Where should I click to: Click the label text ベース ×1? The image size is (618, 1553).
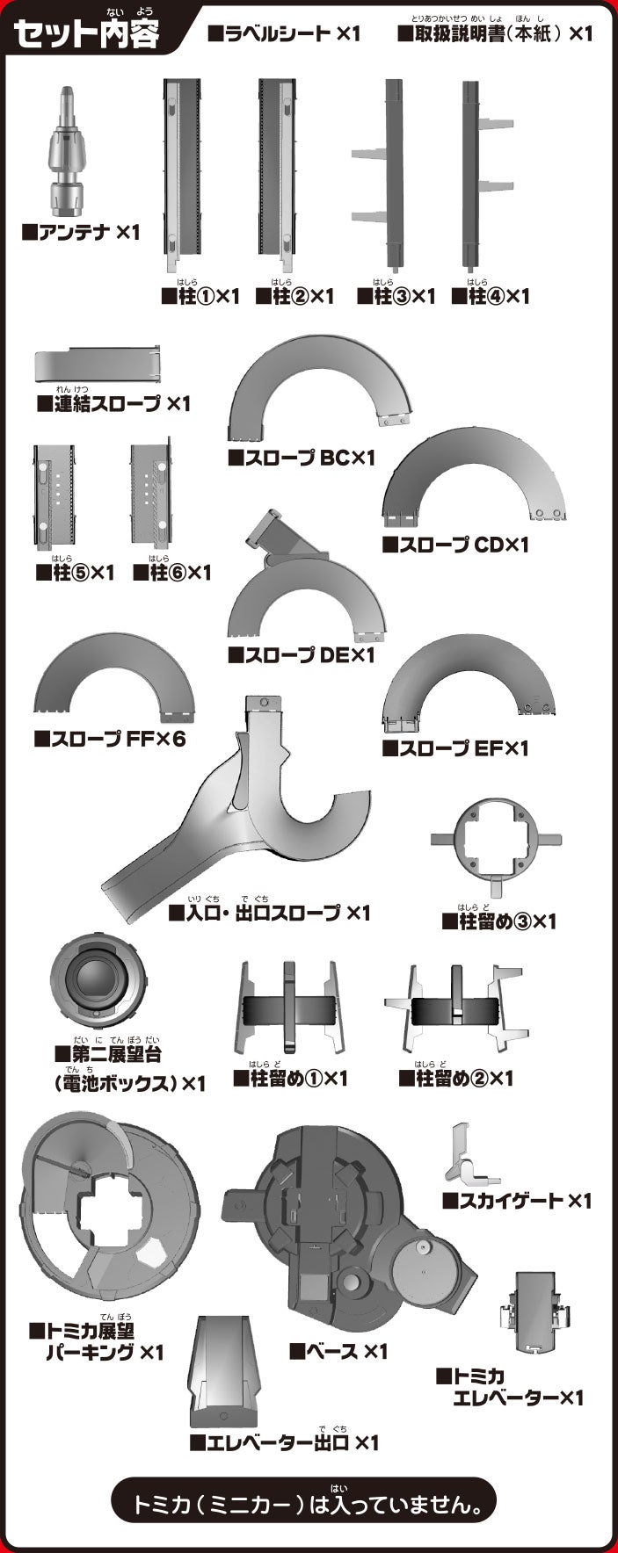tap(338, 1351)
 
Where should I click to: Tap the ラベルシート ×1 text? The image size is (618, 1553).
tap(284, 34)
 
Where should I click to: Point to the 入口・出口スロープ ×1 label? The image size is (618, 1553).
tap(269, 913)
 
